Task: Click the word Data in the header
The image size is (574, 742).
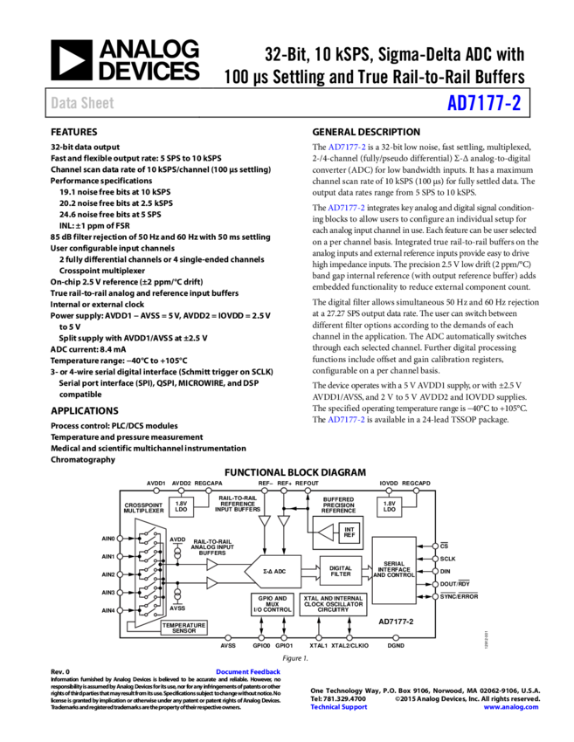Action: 63,103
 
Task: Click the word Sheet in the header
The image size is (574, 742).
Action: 97,103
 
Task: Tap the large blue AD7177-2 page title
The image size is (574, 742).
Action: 483,103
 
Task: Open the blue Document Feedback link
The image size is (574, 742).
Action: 248,671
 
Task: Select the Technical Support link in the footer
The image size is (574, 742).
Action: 339,707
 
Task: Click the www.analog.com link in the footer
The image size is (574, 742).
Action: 511,707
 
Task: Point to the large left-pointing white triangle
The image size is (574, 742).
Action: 326,532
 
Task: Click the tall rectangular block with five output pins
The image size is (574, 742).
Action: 394,570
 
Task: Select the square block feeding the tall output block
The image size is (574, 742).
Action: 341,570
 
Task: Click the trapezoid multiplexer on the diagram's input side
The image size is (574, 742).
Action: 149,573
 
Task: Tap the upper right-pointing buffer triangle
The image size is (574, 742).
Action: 211,564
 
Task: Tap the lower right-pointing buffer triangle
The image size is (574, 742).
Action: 211,583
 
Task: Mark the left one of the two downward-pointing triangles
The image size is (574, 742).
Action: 265,520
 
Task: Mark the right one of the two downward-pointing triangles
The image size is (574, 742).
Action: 284,520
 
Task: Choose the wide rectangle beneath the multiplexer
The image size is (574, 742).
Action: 183,627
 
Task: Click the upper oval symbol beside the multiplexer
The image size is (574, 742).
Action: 177,553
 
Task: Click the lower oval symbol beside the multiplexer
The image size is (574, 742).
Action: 177,594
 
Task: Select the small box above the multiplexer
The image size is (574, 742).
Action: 181,506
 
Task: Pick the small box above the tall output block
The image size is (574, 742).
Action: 389,506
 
